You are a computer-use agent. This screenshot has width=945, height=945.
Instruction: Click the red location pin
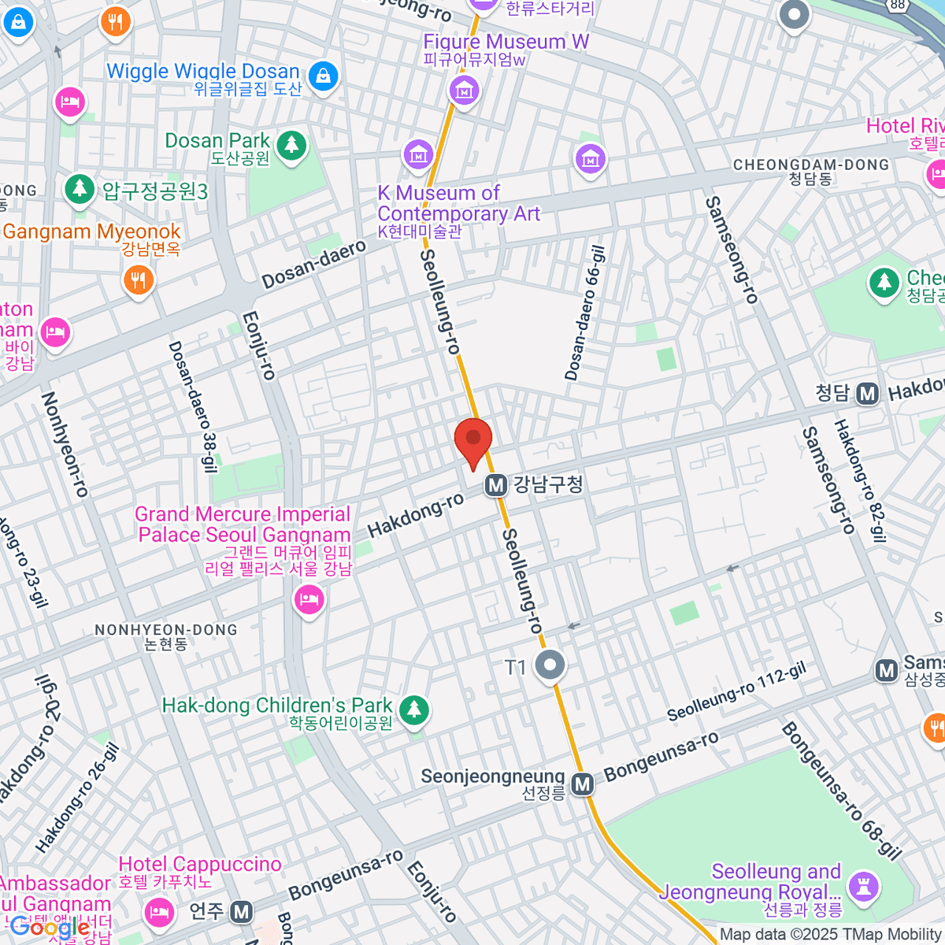pos(473,441)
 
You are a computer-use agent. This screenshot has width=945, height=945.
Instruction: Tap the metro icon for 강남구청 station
pos(495,485)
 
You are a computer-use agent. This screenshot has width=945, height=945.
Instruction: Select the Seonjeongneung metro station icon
pos(583,784)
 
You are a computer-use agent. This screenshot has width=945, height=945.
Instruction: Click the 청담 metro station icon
pos(867,393)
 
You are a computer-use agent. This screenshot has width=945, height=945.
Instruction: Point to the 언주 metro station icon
pos(241,912)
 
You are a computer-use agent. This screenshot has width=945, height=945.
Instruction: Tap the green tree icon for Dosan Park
pos(292,144)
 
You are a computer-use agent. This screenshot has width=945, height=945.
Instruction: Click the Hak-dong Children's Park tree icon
pos(413,709)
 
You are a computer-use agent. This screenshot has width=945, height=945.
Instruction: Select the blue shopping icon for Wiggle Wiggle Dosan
pos(322,76)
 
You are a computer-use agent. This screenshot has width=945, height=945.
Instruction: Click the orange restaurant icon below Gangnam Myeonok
pos(138,279)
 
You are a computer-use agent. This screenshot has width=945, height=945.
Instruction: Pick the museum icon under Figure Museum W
pos(464,91)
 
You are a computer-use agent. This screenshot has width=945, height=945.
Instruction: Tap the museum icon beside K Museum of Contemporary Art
pos(417,154)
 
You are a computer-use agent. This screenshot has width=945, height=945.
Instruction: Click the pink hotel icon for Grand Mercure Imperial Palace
pos(309,601)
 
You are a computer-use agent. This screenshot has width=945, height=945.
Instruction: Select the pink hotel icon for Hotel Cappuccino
pos(159,912)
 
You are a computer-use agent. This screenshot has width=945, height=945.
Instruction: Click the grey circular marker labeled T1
pos(550,665)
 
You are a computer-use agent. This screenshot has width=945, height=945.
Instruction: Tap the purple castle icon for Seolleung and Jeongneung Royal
pos(864,886)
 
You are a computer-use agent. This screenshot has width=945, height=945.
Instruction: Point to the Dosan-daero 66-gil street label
pos(585,313)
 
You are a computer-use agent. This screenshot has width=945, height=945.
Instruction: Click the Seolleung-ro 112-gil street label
pos(736,692)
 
